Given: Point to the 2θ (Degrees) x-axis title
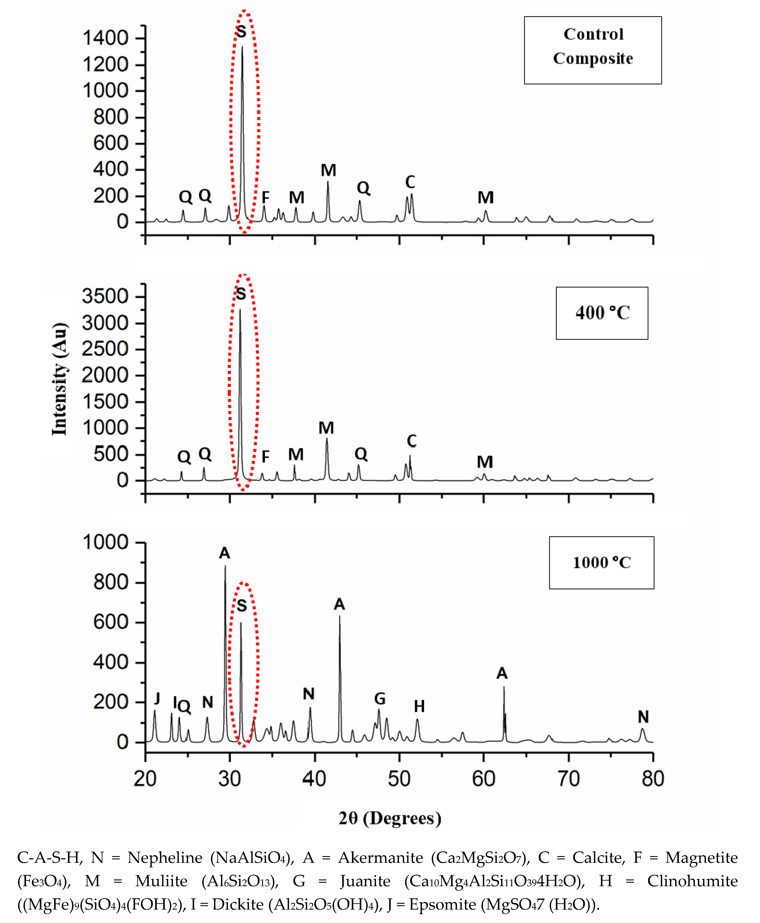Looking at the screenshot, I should pos(390,818).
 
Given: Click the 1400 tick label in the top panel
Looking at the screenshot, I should pos(105,38).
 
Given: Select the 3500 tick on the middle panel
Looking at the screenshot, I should pos(105,296).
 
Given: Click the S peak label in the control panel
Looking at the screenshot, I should pos(241,32).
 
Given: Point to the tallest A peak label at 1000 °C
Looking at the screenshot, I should pos(225,553).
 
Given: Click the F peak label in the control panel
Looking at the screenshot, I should pos(265,198).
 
